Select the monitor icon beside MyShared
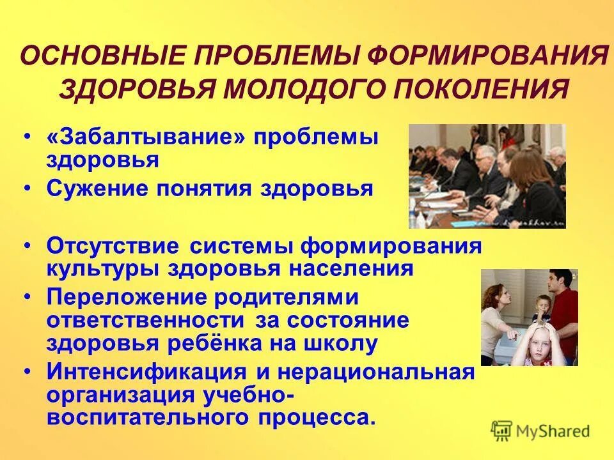pos(502,431)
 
